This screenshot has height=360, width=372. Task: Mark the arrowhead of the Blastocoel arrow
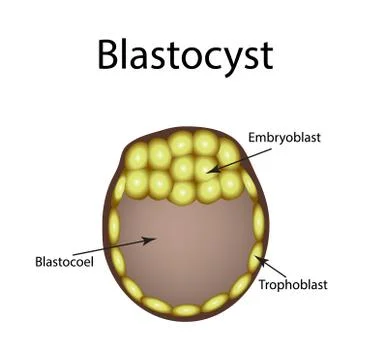[153, 239]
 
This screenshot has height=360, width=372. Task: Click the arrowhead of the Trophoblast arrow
[260, 257]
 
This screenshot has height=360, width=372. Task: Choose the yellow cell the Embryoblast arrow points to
[207, 166]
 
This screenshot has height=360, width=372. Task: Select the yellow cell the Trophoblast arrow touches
[255, 255]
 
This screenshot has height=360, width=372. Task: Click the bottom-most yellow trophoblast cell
[187, 310]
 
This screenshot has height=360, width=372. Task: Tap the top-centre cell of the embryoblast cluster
[183, 142]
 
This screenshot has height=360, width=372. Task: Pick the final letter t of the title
[265, 55]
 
